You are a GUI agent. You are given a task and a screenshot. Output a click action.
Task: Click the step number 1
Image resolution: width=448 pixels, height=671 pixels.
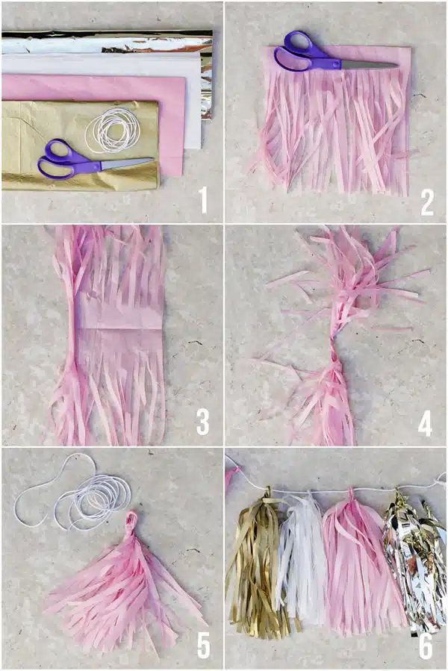tap(204, 201)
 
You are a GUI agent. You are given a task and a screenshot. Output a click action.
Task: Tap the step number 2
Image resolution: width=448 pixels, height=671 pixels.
tap(427, 202)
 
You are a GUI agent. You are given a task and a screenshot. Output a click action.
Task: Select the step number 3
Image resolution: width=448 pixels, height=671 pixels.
tap(202, 422)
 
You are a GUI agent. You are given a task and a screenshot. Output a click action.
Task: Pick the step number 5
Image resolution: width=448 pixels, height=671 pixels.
tap(203, 646)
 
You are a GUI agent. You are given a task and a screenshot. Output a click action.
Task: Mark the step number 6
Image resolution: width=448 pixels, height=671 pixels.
tap(426, 646)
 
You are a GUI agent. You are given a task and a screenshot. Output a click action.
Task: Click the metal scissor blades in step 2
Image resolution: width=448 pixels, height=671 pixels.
tap(369, 65)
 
